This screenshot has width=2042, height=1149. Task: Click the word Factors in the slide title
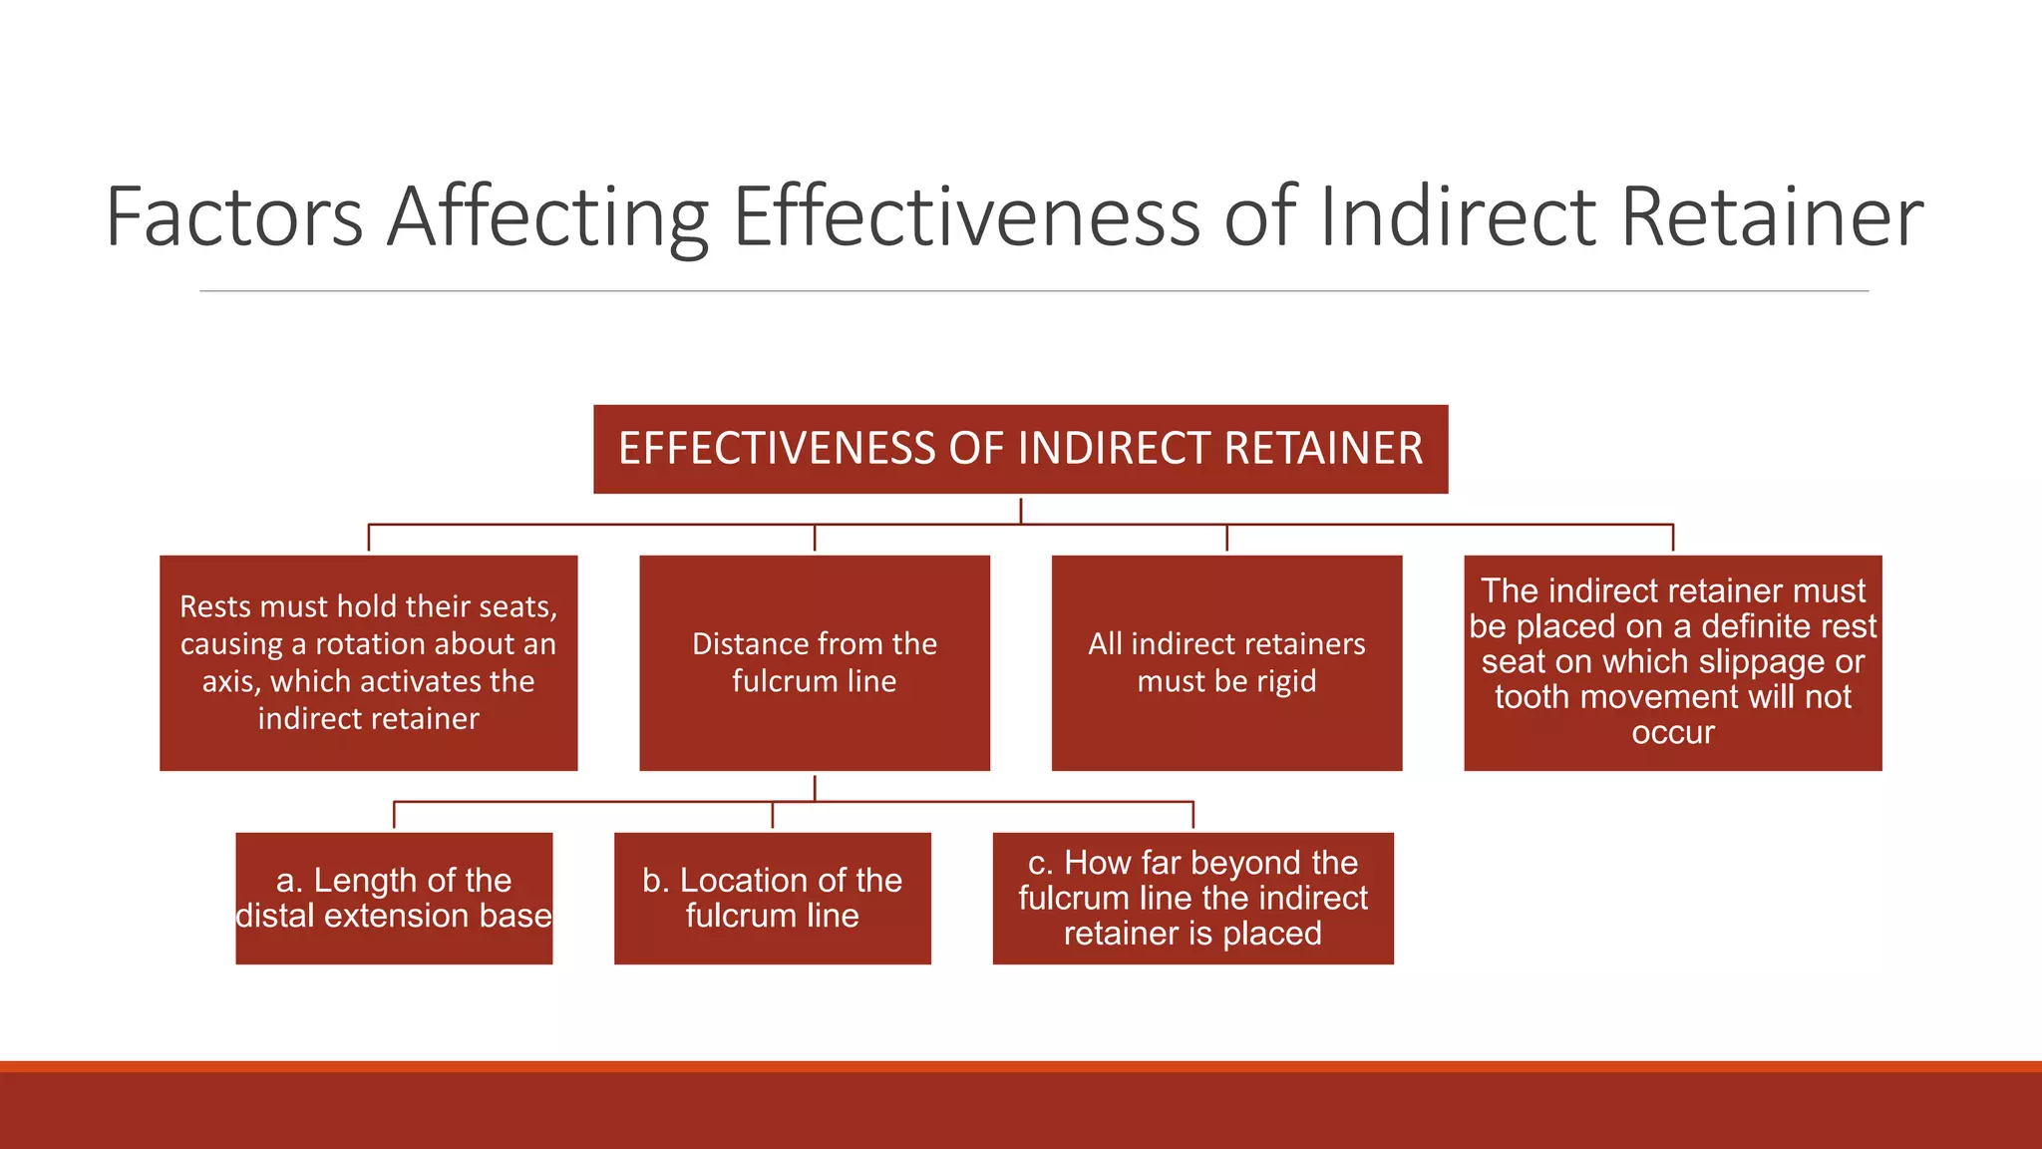(x=234, y=216)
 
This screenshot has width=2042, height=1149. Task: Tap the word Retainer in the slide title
(x=1771, y=216)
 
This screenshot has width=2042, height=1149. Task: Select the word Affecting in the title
(x=547, y=218)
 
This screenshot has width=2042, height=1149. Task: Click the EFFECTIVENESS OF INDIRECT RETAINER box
(x=1020, y=449)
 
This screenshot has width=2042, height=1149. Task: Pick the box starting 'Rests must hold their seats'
(x=368, y=662)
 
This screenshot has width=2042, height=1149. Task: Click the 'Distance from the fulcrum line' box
(x=814, y=662)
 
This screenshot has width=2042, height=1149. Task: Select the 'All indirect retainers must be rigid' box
(x=1226, y=662)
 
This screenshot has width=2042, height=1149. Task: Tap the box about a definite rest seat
(x=1672, y=662)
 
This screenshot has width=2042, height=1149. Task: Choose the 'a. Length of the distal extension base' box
(x=394, y=898)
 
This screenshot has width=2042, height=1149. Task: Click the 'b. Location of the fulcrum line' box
(x=772, y=898)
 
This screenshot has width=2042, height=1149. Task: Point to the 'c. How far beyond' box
(x=1192, y=898)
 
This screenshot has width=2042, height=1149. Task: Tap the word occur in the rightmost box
(x=1672, y=733)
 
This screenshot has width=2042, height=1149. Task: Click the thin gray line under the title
(x=1033, y=291)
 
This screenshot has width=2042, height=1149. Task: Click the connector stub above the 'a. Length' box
(x=394, y=814)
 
